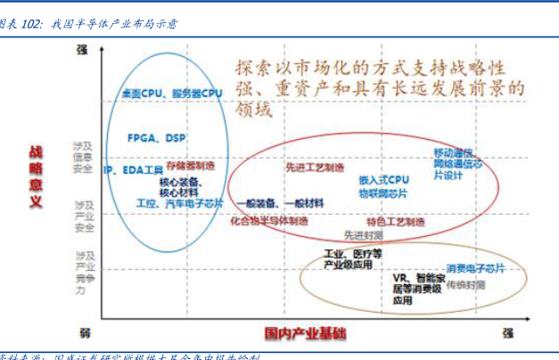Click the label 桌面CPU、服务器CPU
pyautogui.click(x=172, y=94)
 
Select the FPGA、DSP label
pyautogui.click(x=157, y=138)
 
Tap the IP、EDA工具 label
pyautogui.click(x=133, y=169)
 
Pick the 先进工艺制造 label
pyautogui.click(x=315, y=168)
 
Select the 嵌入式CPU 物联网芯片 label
pyautogui.click(x=383, y=184)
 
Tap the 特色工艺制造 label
pyautogui.click(x=395, y=221)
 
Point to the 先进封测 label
pyautogui.click(x=363, y=235)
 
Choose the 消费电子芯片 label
pyautogui.click(x=475, y=268)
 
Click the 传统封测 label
pyautogui.click(x=465, y=285)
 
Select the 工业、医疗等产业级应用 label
pyautogui.click(x=352, y=259)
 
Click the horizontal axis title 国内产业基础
pyautogui.click(x=306, y=333)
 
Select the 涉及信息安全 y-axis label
pyautogui.click(x=83, y=157)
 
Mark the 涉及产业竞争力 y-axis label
pyautogui.click(x=82, y=272)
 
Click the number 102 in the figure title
pyautogui.click(x=32, y=24)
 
